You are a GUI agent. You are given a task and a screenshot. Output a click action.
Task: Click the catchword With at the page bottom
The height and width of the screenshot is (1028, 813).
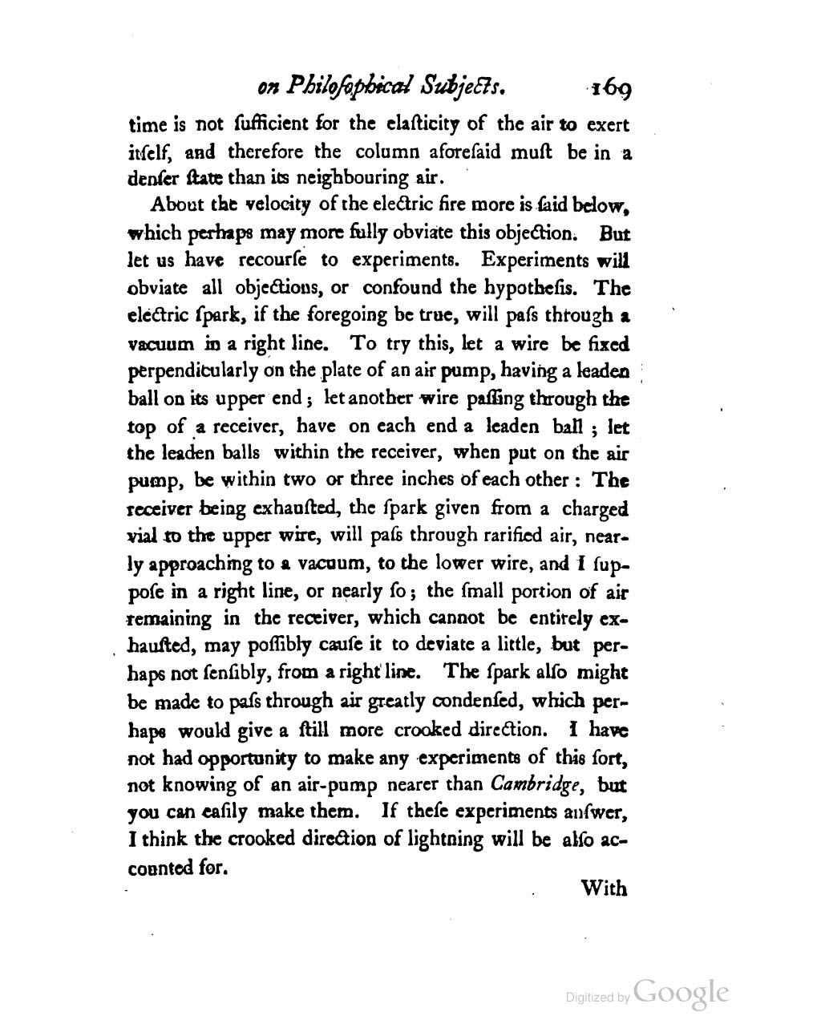(x=603, y=888)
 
